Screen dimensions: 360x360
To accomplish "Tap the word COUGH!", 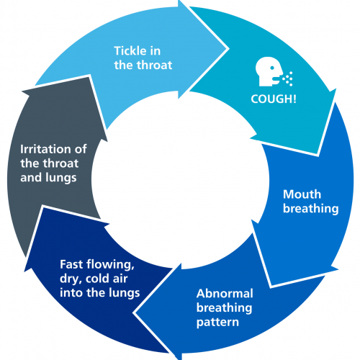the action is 274,99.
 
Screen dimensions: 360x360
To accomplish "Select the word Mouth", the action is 302,194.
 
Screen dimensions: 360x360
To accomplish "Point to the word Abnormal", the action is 225,293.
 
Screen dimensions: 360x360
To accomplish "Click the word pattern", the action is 217,323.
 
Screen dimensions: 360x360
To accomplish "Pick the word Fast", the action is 71,264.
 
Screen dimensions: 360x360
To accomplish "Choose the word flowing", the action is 110,265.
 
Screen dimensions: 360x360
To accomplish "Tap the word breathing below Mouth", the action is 311,209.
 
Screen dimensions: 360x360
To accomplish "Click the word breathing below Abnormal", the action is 224,308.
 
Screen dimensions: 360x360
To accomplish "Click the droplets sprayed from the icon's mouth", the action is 287,78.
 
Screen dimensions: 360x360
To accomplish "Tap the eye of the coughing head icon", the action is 272,68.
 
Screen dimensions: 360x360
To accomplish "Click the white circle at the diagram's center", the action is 180,180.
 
